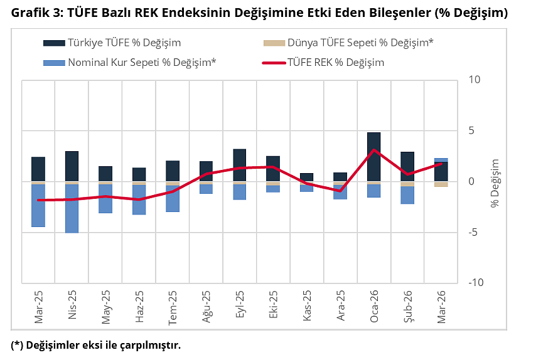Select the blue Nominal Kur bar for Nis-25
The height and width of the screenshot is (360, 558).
[x=72, y=208]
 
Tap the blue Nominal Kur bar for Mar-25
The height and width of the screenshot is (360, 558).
[x=38, y=205]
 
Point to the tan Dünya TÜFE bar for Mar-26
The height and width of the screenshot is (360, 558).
[x=441, y=184]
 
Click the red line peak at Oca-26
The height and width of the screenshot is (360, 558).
[x=374, y=150]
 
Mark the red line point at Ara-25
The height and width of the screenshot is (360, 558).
[x=340, y=191]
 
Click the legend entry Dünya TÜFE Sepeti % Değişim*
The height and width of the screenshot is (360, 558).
[x=360, y=43]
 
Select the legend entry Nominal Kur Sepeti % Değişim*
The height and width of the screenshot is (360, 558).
[x=142, y=62]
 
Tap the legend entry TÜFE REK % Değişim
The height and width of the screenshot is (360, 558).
[x=335, y=62]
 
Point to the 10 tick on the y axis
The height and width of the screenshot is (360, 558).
[x=474, y=80]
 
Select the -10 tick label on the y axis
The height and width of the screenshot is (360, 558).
[x=475, y=283]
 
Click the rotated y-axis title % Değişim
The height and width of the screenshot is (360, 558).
[x=495, y=182]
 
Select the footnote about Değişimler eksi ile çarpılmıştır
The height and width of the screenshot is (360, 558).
[x=95, y=346]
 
